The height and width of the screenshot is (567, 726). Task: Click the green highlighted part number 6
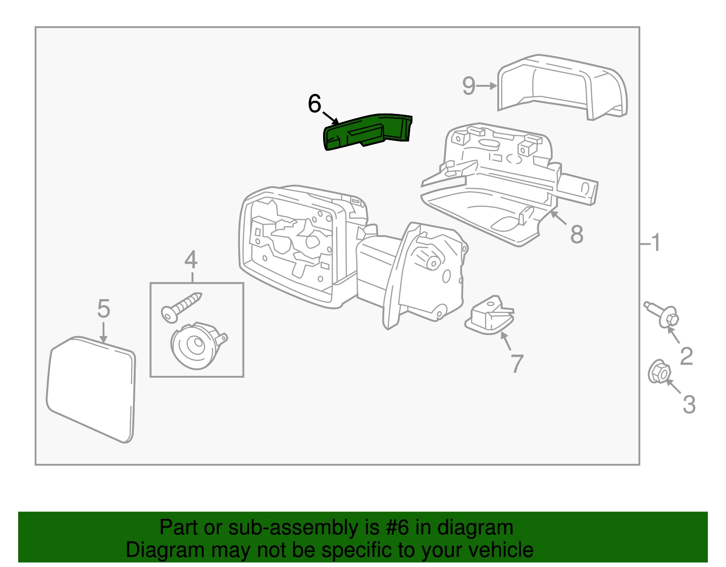(368, 132)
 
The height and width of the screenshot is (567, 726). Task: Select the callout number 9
(469, 86)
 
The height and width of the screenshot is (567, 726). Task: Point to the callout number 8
(577, 234)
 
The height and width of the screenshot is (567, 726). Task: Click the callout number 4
(191, 260)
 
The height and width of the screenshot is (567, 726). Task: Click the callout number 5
(103, 309)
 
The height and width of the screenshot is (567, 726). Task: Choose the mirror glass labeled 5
(91, 389)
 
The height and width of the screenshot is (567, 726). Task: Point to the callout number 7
(517, 364)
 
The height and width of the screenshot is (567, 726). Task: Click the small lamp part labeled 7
(490, 315)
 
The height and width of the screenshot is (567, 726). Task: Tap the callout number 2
(686, 356)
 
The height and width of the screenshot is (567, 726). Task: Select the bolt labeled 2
(662, 315)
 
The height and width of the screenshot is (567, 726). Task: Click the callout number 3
(689, 404)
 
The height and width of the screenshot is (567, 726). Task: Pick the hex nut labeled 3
(659, 372)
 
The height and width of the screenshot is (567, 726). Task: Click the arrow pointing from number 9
(487, 86)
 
